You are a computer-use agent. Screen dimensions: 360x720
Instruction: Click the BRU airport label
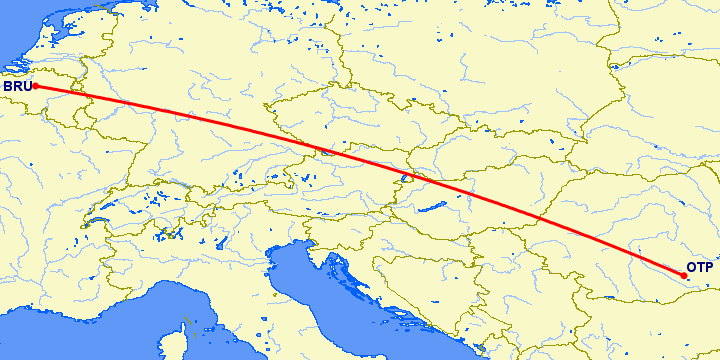[x=16, y=87]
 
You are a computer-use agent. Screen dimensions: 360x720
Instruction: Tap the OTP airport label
[x=699, y=268]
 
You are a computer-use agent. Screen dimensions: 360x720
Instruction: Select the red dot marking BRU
[x=35, y=86]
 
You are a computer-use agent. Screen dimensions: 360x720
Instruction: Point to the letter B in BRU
[x=7, y=87]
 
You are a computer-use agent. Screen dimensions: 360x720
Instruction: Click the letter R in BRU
[x=16, y=87]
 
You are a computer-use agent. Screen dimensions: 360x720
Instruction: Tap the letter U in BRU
[x=26, y=87]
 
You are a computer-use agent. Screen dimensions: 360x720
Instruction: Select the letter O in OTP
[x=691, y=268]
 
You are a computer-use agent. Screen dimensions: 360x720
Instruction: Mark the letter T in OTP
[x=700, y=268]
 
